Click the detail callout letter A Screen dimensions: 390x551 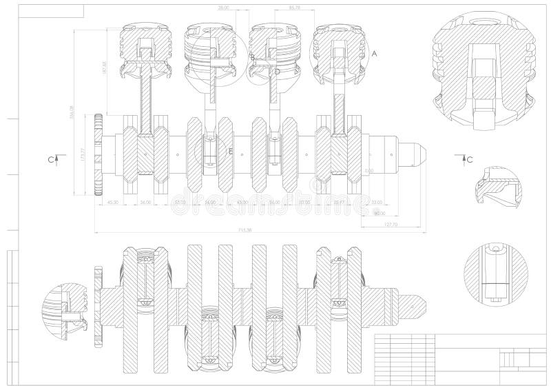pos(375,53)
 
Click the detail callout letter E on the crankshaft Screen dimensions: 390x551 pos(231,150)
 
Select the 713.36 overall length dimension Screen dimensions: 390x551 pos(244,229)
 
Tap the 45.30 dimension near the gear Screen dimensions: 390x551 pos(113,203)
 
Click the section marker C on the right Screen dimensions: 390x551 pos(469,159)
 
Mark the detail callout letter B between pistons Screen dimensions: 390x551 pos(252,56)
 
